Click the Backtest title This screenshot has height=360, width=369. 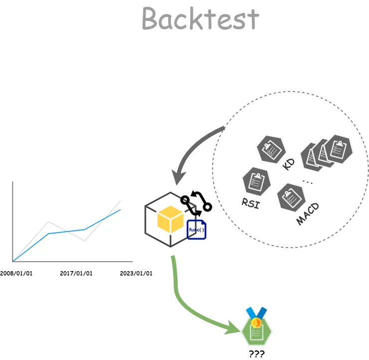(x=200, y=19)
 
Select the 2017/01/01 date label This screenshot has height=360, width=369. (x=76, y=274)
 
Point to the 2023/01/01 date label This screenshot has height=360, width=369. (x=136, y=274)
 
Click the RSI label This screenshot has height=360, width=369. (x=250, y=204)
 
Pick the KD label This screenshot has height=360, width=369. (x=288, y=163)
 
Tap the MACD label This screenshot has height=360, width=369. (x=308, y=214)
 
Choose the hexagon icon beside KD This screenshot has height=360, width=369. (x=271, y=148)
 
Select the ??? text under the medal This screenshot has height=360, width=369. (x=256, y=354)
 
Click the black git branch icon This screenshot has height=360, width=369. (x=196, y=202)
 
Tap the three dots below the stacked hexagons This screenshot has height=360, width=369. (x=307, y=182)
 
